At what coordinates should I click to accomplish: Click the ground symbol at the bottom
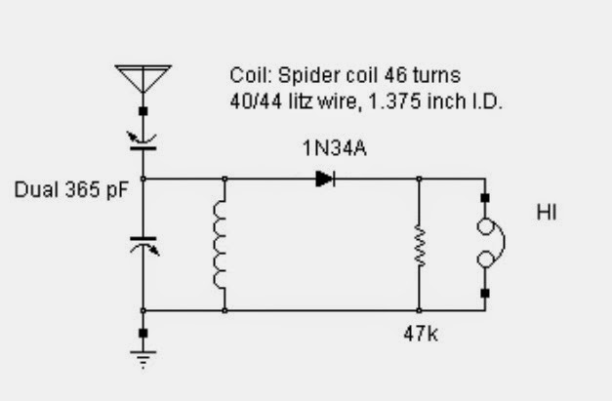pos(143,359)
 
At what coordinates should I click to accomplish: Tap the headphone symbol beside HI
pos(485,244)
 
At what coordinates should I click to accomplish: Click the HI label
pos(547,210)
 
